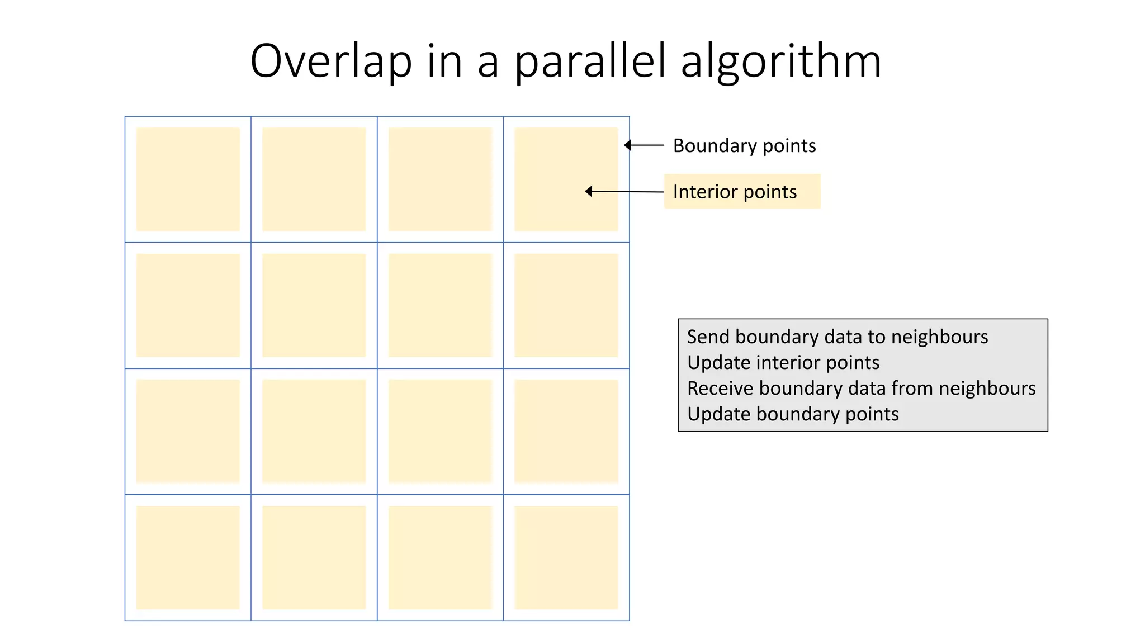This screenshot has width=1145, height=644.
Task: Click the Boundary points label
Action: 744,146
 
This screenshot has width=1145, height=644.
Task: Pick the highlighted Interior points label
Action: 735,192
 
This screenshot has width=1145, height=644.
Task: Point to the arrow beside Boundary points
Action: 644,145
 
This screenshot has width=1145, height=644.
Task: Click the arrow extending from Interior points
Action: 624,192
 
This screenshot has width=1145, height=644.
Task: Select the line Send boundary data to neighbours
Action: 837,337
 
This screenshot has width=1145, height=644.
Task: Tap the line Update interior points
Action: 783,362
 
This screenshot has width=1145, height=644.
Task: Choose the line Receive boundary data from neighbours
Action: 861,388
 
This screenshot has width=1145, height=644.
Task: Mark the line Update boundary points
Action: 793,414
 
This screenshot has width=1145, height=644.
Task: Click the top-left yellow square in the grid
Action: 188,179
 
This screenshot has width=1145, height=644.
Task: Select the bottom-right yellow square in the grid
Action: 566,557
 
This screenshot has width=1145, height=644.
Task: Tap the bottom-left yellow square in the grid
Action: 188,557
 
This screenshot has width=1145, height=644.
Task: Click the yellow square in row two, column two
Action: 314,305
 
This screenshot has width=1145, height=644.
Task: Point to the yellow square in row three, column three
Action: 440,431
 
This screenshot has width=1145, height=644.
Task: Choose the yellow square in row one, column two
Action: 314,179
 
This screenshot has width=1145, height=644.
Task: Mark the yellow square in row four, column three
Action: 440,557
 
